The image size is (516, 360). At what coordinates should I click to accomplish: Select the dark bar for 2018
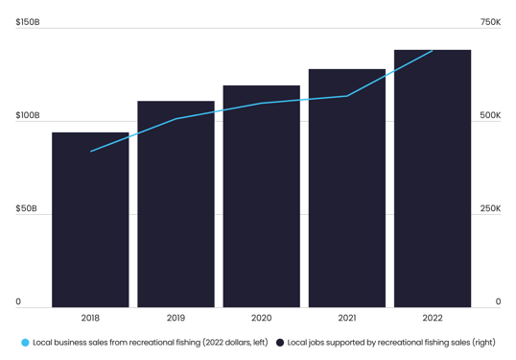pos(90,220)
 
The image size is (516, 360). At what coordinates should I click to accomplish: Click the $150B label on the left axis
pos(28,22)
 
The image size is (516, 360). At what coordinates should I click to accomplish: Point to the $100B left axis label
pos(28,115)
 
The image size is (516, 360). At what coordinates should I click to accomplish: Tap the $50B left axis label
pos(26,208)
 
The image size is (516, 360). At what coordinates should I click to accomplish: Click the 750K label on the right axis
pos(490,22)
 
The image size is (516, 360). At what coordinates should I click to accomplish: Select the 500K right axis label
pos(490,115)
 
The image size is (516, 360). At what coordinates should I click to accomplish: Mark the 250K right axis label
pos(490,208)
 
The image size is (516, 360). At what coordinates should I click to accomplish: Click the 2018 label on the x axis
pos(90,318)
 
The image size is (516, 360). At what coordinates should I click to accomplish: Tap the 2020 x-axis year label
pos(261,318)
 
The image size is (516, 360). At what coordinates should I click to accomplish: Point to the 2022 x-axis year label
pos(432,318)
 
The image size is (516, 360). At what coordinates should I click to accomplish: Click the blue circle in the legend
pos(25,343)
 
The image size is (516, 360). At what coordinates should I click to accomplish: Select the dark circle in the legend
pos(280,343)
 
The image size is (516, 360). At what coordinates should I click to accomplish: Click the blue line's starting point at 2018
pos(91,151)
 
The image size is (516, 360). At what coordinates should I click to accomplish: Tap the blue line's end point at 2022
pos(432,51)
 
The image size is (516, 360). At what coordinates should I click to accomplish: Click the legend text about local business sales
pos(151,343)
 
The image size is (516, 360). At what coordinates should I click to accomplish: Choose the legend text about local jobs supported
pos(391,343)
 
